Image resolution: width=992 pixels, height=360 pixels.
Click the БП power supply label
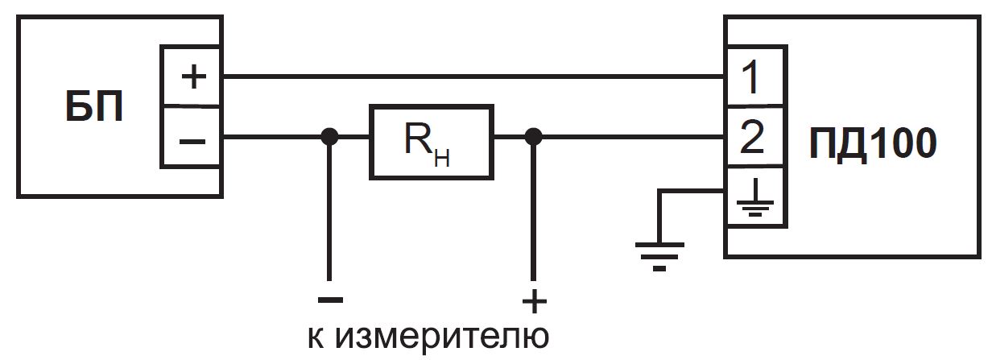tap(93, 107)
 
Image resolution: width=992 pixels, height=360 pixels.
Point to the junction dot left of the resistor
tap(329, 137)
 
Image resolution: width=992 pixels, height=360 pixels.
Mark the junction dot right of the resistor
tap(532, 137)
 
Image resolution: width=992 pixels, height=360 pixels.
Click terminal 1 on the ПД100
tap(751, 77)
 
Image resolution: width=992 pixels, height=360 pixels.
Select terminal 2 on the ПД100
tap(751, 139)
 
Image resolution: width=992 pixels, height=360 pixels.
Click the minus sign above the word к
tap(329, 300)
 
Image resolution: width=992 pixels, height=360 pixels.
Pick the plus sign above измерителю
tap(533, 301)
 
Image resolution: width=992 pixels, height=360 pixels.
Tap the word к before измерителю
tap(316, 337)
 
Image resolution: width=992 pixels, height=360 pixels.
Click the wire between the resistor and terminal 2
tap(628, 137)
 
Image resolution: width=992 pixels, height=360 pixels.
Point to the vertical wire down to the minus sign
tap(329, 209)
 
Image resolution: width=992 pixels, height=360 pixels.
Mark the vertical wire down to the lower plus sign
tap(532, 209)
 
